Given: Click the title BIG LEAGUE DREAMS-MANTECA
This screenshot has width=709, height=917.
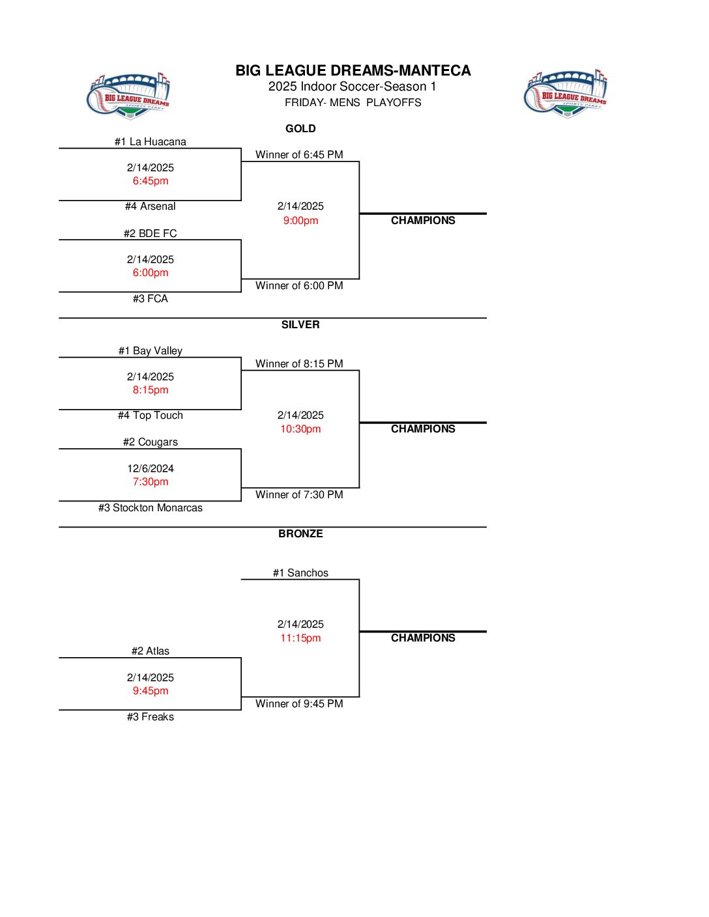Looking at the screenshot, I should point(353,70).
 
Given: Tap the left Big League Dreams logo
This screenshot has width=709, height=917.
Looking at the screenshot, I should point(128,96).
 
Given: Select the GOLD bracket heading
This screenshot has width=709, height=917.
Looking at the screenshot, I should point(300,128).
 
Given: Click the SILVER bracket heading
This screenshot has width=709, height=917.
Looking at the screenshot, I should point(300,324).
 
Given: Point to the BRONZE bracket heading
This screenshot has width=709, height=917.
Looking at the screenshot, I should point(300,533).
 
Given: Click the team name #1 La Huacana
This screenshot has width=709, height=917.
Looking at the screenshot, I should point(151,141).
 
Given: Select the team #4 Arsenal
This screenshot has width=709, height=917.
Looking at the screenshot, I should point(151,206).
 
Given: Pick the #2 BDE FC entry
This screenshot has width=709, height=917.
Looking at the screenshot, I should point(151,233).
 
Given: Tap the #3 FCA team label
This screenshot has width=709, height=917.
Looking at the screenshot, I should point(151,298).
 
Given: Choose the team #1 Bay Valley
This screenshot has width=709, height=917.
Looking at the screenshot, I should point(151,350).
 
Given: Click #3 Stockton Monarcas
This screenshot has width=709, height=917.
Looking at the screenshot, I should point(151,507).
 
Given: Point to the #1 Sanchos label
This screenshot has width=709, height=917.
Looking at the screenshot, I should point(300,572).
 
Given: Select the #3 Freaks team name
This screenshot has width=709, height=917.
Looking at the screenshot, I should point(151,716).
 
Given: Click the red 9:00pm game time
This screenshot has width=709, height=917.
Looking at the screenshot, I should point(300,220).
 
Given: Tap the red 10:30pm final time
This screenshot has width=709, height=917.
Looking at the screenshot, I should point(300,429).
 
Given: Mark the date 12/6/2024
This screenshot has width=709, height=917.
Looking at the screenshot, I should point(151,468).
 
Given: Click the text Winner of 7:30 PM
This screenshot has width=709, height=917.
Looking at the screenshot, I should point(299,494).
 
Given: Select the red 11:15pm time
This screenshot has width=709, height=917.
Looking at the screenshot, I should point(300,638).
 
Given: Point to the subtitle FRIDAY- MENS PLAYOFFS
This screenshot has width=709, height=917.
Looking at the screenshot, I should point(353,102).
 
